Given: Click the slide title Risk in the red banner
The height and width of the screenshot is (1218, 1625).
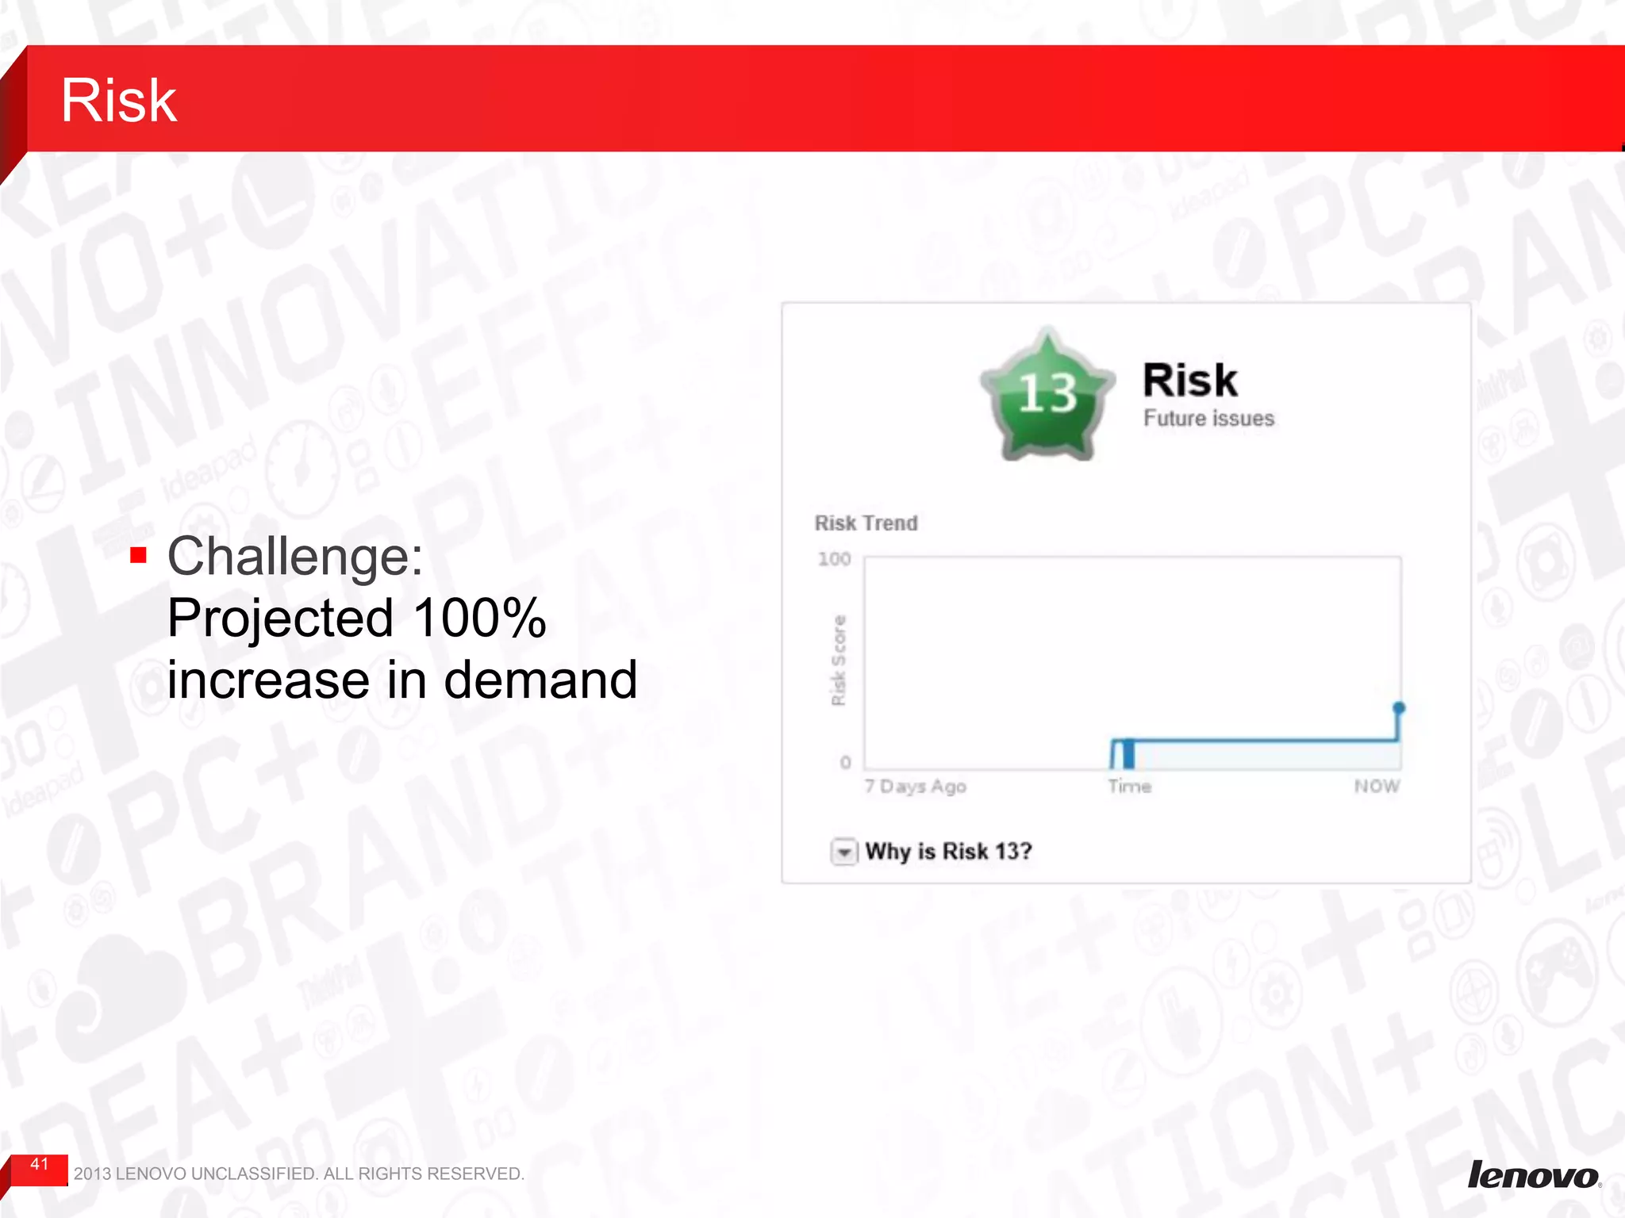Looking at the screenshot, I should pos(119,101).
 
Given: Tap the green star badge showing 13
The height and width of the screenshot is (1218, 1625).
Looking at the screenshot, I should pos(1047,395).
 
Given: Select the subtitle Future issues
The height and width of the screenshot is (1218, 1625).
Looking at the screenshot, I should pos(1208,418).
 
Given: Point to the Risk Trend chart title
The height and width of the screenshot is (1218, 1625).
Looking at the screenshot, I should pos(866,523).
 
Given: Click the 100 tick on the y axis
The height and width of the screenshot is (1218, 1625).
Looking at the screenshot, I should pos(834,559).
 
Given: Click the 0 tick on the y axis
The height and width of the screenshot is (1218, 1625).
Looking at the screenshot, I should pos(845,762).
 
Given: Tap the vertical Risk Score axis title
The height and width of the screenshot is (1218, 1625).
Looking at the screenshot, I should pos(838,660).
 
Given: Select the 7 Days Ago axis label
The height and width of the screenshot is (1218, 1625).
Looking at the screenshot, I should pos(915,787).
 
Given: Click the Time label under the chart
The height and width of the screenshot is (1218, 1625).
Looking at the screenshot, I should pos(1129,787).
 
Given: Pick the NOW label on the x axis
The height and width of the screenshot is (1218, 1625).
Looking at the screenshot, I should pos(1377,786).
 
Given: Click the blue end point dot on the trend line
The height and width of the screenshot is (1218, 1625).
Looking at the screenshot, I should pos(1399,707).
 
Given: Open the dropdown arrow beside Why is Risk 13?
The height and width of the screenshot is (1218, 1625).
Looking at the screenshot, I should pos(843,852).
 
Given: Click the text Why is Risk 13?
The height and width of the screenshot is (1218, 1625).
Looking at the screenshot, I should pos(948,852).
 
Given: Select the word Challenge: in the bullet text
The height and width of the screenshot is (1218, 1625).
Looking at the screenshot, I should pos(295,556).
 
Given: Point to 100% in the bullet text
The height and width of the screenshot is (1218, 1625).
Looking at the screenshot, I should pos(479,618).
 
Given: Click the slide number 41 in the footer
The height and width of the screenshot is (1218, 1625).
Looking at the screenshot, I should pos(40,1164).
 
